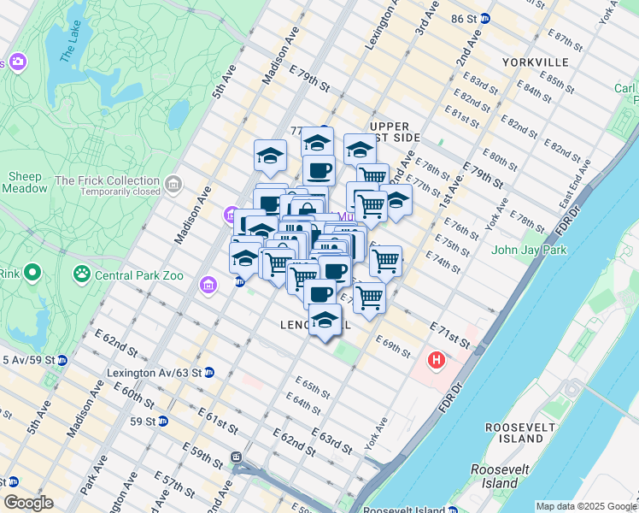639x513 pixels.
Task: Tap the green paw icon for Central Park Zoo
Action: click(x=82, y=274)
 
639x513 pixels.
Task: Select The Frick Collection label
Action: click(x=107, y=180)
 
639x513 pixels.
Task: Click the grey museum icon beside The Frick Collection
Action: click(x=173, y=185)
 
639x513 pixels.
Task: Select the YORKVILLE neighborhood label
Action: click(x=536, y=62)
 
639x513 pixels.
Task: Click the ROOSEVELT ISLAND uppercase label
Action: click(x=513, y=433)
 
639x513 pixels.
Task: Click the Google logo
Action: click(x=29, y=503)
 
